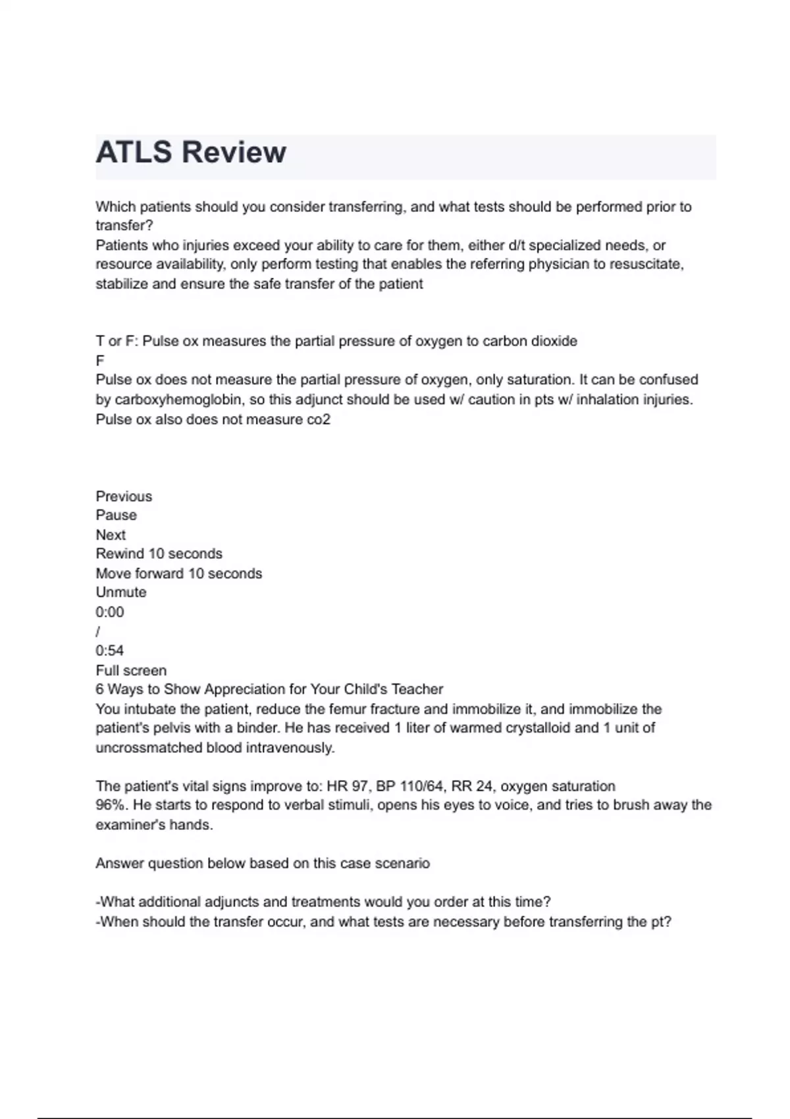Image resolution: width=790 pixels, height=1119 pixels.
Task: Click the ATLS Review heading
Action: click(191, 153)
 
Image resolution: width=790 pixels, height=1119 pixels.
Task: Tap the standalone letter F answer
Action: click(100, 361)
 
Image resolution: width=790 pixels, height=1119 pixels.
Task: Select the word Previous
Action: click(124, 496)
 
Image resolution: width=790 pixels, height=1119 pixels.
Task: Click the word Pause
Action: click(117, 515)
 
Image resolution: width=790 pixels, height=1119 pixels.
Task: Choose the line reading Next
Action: click(111, 534)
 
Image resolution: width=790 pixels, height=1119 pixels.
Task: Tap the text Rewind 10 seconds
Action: click(159, 554)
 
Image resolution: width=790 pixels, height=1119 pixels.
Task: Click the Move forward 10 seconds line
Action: click(178, 573)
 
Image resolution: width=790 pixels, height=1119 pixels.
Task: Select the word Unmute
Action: click(121, 592)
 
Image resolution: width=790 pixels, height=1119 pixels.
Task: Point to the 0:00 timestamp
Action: click(110, 612)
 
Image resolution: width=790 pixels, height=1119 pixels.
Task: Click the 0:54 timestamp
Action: click(110, 651)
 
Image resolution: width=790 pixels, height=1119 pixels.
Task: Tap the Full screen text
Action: click(131, 671)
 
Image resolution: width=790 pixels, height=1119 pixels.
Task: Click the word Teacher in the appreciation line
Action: click(417, 689)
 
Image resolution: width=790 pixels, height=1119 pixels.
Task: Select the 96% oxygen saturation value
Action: click(109, 805)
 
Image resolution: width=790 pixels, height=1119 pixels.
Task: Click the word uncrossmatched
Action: click(149, 748)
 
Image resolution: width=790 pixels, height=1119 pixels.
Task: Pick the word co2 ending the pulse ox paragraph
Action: click(319, 419)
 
